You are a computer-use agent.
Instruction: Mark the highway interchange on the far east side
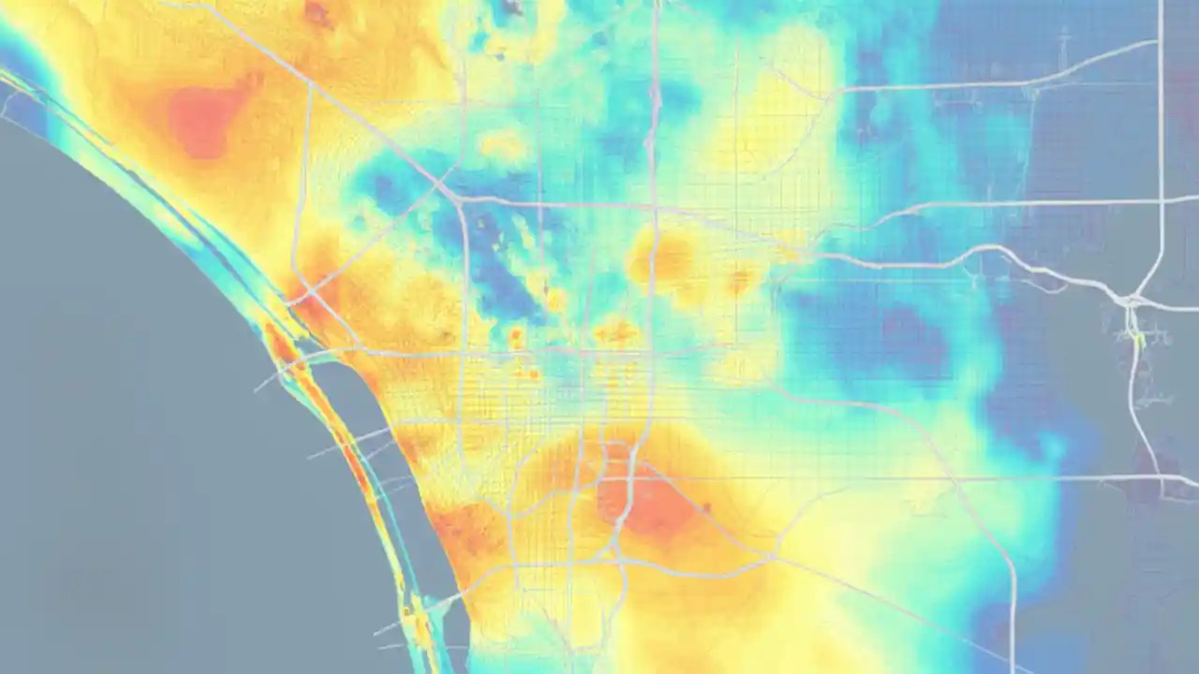tap(1132, 301)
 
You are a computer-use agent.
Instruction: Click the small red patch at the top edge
tap(318, 11)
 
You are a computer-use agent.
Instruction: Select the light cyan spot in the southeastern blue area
tap(1054, 447)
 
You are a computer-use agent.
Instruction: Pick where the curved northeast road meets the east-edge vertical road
tap(1160, 42)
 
